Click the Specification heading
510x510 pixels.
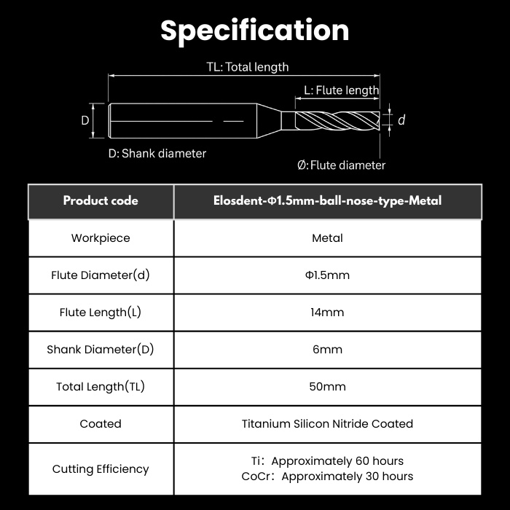[255, 31]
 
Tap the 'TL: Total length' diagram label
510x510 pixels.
[248, 67]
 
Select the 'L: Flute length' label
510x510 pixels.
[341, 90]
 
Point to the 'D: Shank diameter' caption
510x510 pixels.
[157, 154]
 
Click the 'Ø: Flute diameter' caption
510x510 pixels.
[341, 165]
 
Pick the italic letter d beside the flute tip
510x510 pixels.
[401, 120]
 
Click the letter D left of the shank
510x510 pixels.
[85, 121]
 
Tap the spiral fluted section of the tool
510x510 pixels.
[337, 121]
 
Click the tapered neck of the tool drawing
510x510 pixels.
[269, 121]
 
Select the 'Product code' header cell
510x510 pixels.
[101, 200]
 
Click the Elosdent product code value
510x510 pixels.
[328, 200]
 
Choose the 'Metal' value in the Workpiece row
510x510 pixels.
[328, 238]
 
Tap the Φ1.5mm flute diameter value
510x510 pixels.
[328, 275]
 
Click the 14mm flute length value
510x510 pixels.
[328, 313]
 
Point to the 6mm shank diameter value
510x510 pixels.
[328, 349]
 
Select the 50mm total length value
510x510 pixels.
[328, 386]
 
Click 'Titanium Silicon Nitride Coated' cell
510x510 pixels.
[328, 424]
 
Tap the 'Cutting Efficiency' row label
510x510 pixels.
[101, 469]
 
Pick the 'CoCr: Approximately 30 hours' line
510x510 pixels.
[328, 476]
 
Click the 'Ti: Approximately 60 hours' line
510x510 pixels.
[328, 461]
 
